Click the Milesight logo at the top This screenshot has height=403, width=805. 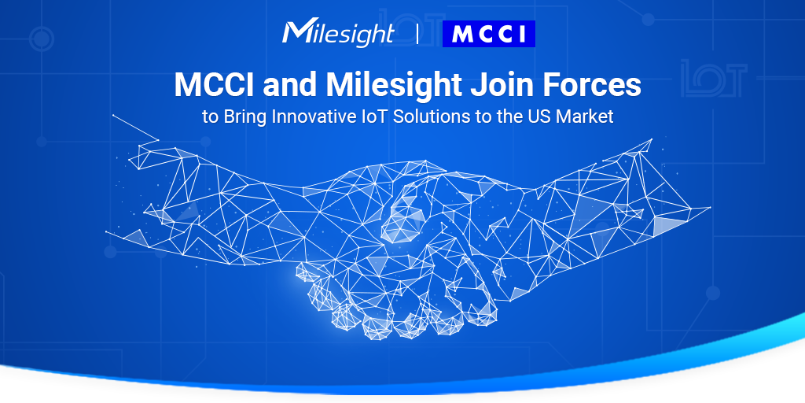pos(338,34)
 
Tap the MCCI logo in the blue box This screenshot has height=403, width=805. pos(489,34)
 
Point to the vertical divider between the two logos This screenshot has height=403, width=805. pos(417,34)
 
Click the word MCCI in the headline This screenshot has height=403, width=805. pos(215,85)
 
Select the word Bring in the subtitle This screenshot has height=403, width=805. pos(244,116)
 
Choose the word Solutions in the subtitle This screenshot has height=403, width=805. pos(427,116)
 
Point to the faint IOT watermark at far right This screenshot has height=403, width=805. pos(714,78)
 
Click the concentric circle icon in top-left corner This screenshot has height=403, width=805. pos(42,39)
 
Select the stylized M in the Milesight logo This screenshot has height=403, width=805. pos(296,32)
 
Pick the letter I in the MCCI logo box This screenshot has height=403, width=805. pos(520,34)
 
